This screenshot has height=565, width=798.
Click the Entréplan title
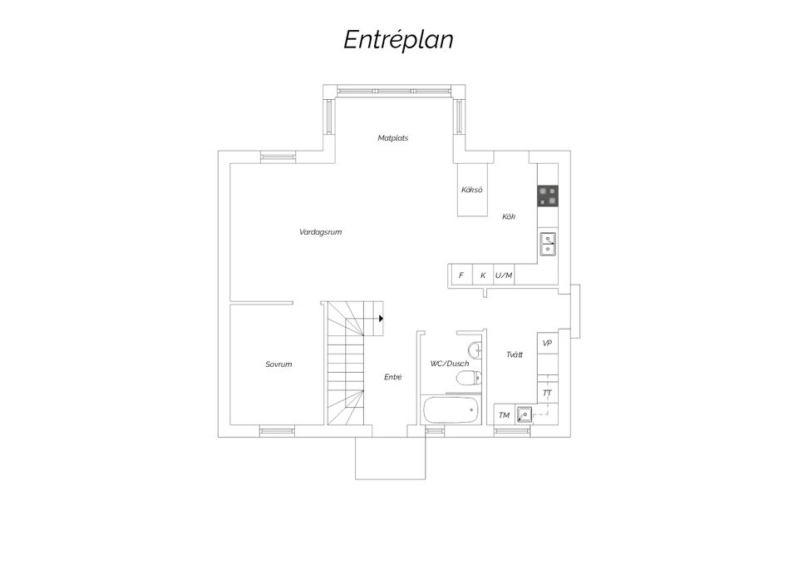[x=398, y=40]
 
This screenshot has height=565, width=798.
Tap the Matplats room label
[x=392, y=138]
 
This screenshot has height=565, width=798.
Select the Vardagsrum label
[x=320, y=232]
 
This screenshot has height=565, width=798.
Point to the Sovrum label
[x=278, y=364]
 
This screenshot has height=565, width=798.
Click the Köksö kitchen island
[x=472, y=190]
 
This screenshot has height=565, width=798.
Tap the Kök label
[x=509, y=217]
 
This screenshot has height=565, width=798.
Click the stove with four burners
[x=548, y=196]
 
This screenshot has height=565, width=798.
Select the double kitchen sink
[x=548, y=243]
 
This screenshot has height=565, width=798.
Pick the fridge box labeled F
[x=461, y=275]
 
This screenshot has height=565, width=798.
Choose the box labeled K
[x=482, y=275]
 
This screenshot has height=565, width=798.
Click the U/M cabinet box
[x=504, y=275]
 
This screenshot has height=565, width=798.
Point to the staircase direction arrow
[x=380, y=318]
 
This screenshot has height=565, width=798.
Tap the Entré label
[x=393, y=378]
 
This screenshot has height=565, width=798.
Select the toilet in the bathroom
[x=469, y=379]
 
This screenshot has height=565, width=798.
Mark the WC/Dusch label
[x=450, y=364]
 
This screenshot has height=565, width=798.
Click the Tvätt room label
[x=515, y=355]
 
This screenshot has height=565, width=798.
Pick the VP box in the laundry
[x=547, y=343]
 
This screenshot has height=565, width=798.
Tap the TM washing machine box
[x=504, y=415]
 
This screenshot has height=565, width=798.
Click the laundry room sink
[x=524, y=414]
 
